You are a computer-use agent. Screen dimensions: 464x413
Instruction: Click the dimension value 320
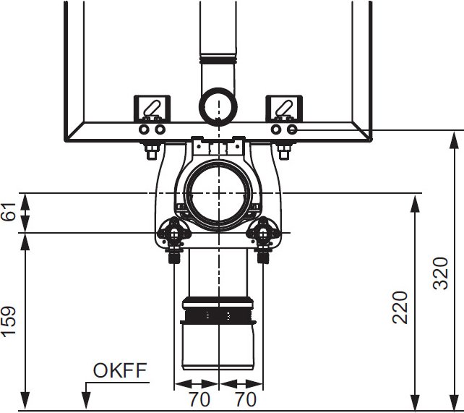coord(441,273)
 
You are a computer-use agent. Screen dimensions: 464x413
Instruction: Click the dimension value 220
coord(400,307)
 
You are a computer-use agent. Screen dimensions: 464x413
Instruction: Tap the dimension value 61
coord(9,211)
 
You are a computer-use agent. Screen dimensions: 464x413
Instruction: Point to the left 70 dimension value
coord(199,399)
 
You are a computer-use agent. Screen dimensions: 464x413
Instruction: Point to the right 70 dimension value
coord(246,399)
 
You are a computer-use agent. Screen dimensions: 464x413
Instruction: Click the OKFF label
coord(120,370)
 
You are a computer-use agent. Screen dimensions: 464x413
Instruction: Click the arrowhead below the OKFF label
coord(86,401)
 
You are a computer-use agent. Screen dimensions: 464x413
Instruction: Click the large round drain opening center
coord(218,193)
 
